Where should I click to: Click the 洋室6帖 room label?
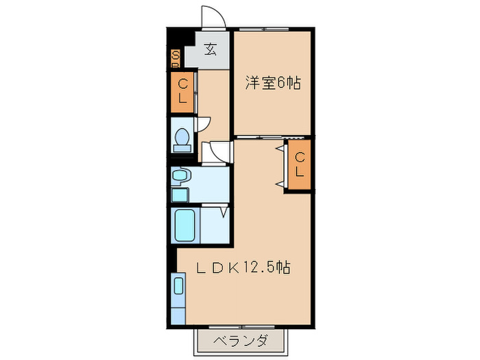[x=274, y=84]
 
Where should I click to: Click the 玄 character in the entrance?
[x=212, y=49]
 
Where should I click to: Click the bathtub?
[x=187, y=225]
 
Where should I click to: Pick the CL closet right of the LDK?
[x=300, y=165]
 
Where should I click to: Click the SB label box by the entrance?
[x=176, y=58]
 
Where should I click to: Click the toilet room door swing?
[x=204, y=123]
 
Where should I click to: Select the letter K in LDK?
[x=232, y=268]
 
